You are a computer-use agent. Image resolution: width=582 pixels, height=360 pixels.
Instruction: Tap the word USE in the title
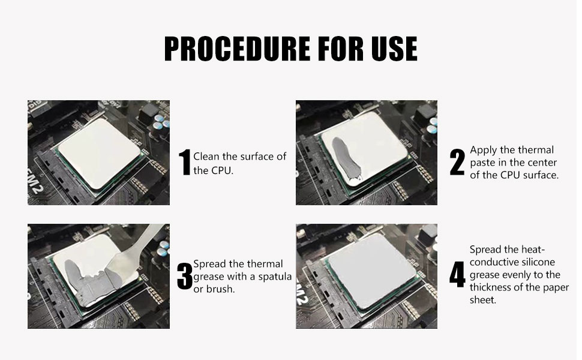395,49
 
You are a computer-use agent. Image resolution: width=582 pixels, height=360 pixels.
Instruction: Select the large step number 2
457,162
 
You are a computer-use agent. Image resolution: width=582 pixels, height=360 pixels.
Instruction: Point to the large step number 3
184,276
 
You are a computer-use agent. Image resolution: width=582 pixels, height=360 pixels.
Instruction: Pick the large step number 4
457,275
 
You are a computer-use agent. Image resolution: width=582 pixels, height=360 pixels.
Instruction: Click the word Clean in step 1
206,156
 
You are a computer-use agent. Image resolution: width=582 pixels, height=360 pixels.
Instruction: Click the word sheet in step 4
483,300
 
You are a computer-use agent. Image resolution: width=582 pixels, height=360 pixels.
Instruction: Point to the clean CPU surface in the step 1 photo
100,153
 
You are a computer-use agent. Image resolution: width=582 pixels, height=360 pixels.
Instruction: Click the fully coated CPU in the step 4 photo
372,271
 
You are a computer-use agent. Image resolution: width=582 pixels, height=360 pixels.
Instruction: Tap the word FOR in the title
341,49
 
